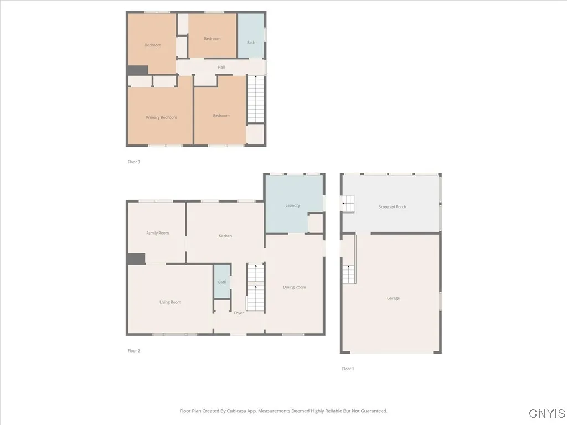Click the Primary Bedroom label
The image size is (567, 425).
[x=161, y=117]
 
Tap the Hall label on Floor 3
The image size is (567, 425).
[x=221, y=67]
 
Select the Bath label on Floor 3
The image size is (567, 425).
[x=251, y=43]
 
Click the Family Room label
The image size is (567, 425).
[x=157, y=233]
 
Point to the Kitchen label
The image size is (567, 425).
[x=225, y=236]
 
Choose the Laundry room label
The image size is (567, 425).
[x=292, y=205]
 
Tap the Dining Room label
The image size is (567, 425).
[x=294, y=287]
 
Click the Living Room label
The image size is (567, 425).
[x=170, y=302]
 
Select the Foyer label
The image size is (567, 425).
[x=239, y=313]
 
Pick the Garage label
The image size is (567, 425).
[x=393, y=298]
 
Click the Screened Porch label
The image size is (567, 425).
[x=392, y=207]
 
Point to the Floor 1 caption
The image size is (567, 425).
[x=347, y=369]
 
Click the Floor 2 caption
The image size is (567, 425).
[x=133, y=350]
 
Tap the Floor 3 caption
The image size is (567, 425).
[x=133, y=162]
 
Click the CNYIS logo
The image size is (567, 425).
[x=547, y=413]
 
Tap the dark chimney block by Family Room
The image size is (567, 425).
[x=136, y=258]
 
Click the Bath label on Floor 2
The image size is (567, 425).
[x=222, y=282]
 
